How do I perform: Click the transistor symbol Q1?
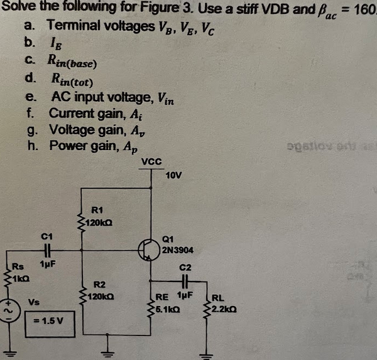pos(148,248)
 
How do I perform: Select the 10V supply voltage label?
pos(174,174)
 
